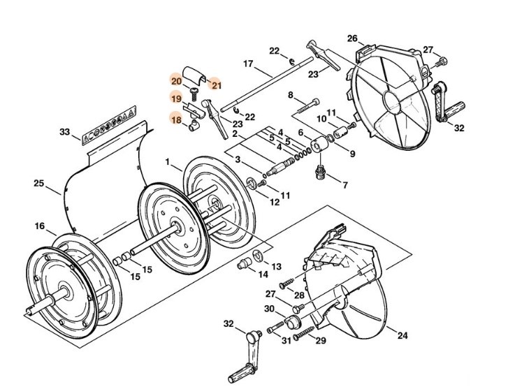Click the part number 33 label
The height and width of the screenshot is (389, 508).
pos(64,132)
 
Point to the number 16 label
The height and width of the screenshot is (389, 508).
pos(40,226)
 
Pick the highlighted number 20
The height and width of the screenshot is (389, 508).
pos(175,81)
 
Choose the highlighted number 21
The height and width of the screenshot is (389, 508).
pos(216,85)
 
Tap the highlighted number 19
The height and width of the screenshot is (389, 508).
pos(175,98)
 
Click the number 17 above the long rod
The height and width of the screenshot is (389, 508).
pos(247,64)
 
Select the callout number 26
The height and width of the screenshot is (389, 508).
pos(352,38)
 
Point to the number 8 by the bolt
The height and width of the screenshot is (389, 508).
pos(291,94)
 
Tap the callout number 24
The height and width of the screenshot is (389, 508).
pos(402,336)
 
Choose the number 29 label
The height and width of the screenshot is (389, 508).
pos(321,340)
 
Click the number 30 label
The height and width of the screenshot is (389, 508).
pos(270,308)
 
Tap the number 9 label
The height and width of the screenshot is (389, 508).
pos(352,154)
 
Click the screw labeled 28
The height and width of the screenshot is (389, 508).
pos(286,284)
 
